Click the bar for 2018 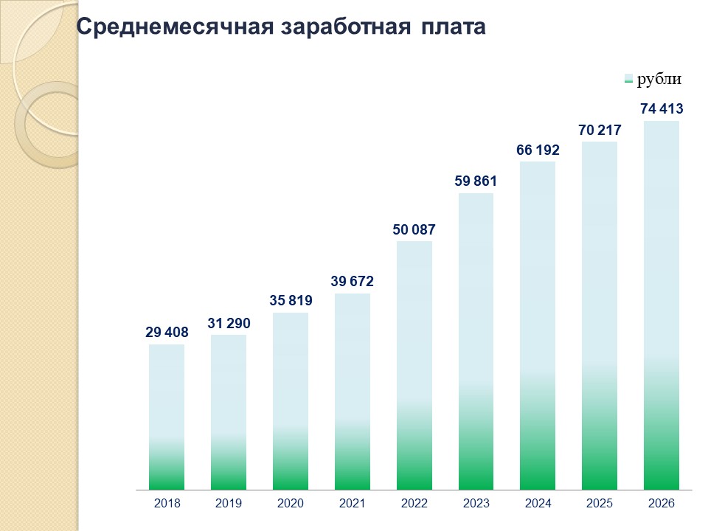pyautogui.click(x=167, y=417)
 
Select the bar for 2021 pyautogui.click(x=353, y=392)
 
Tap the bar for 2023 pyautogui.click(x=476, y=341)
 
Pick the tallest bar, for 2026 pyautogui.click(x=662, y=305)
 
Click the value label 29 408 pyautogui.click(x=167, y=333)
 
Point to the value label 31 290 pyautogui.click(x=229, y=323)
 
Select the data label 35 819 pyautogui.click(x=291, y=301)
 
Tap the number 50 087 pyautogui.click(x=414, y=230)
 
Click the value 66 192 pyautogui.click(x=538, y=150)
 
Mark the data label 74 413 pyautogui.click(x=662, y=109)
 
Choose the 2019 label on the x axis pyautogui.click(x=229, y=504)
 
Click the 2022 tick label pyautogui.click(x=414, y=504)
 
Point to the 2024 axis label pyautogui.click(x=538, y=504)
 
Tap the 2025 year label pyautogui.click(x=600, y=504)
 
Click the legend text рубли pyautogui.click(x=659, y=80)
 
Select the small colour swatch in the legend pyautogui.click(x=628, y=80)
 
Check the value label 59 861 pyautogui.click(x=476, y=181)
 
